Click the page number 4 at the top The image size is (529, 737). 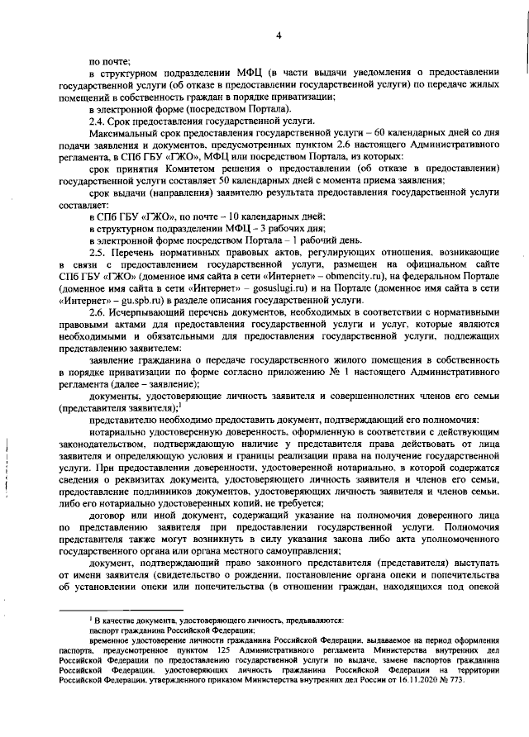[x=279, y=36]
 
